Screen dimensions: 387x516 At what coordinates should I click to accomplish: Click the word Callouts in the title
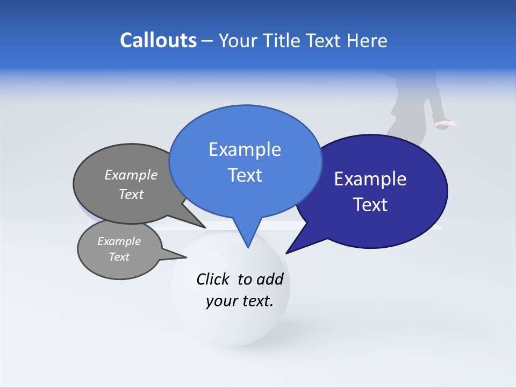coord(158,41)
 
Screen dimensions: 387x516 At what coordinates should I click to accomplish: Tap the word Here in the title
coord(367,41)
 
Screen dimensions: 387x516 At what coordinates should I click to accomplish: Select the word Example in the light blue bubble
coord(245,149)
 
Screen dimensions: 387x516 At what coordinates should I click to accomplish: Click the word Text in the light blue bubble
coord(245,175)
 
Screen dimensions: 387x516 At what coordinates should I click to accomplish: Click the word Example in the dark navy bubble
coord(370,179)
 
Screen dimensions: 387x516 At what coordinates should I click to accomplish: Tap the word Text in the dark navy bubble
coord(370,205)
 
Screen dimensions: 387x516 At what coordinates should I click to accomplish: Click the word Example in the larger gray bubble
coord(131,175)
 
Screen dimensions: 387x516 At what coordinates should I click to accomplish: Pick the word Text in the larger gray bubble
coord(131,194)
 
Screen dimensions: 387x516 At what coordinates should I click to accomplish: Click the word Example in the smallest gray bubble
coord(119,241)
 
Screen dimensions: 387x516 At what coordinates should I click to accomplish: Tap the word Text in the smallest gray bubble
coord(119,257)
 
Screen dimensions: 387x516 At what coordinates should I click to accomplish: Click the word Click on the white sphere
coord(212,279)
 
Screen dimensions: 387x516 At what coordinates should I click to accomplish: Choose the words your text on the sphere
coord(239,301)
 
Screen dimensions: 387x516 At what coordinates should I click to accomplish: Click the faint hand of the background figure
coord(445,124)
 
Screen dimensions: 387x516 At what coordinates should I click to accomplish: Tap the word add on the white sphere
coord(270,279)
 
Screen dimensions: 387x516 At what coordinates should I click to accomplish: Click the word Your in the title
coord(239,41)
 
